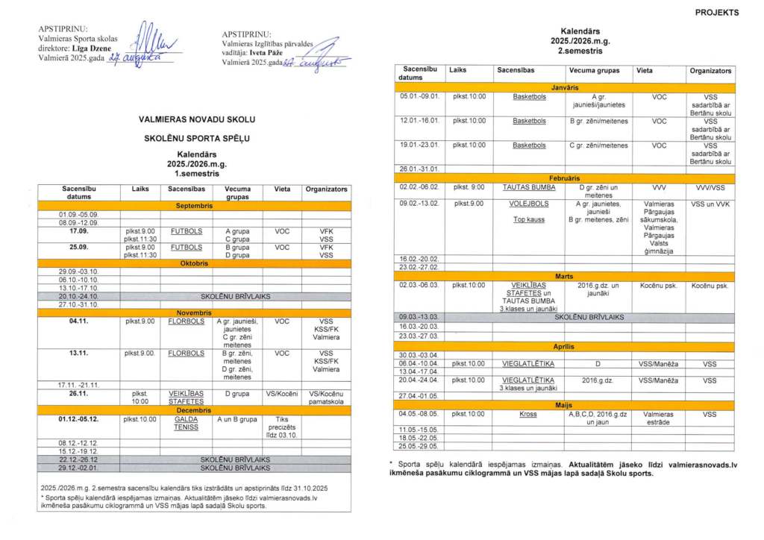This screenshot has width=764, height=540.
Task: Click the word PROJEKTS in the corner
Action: pyautogui.click(x=717, y=13)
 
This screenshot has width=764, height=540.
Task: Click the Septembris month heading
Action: pyautogui.click(x=195, y=205)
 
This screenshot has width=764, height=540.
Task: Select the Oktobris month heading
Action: pyautogui.click(x=195, y=263)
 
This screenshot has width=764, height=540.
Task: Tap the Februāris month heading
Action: pyautogui.click(x=565, y=179)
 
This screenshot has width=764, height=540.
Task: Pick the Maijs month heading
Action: pyautogui.click(x=565, y=405)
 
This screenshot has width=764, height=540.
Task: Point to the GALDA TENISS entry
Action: pyautogui.click(x=186, y=424)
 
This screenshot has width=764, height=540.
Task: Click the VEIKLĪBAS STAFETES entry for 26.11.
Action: pyautogui.click(x=186, y=397)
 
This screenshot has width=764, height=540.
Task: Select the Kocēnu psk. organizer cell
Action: pyautogui.click(x=710, y=285)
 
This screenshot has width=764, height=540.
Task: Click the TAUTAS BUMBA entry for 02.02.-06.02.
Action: pyautogui.click(x=529, y=187)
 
